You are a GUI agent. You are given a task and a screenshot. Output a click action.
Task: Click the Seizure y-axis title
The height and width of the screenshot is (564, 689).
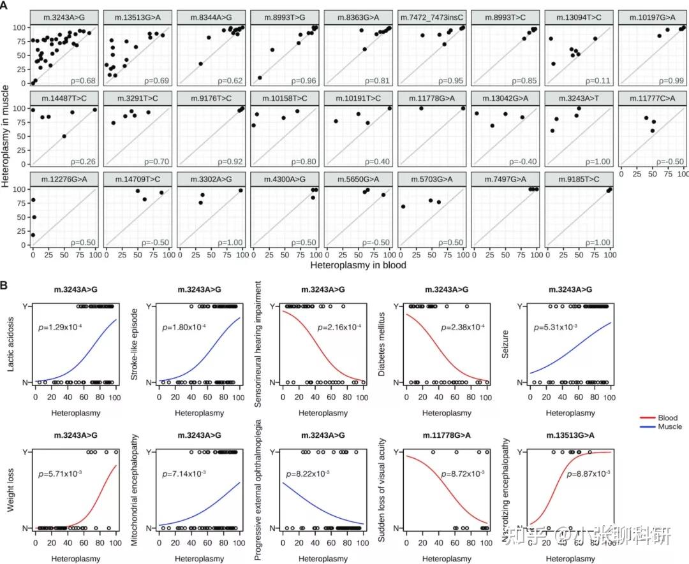point(505,345)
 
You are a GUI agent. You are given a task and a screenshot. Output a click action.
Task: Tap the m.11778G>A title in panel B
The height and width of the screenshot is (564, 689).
point(447,435)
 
